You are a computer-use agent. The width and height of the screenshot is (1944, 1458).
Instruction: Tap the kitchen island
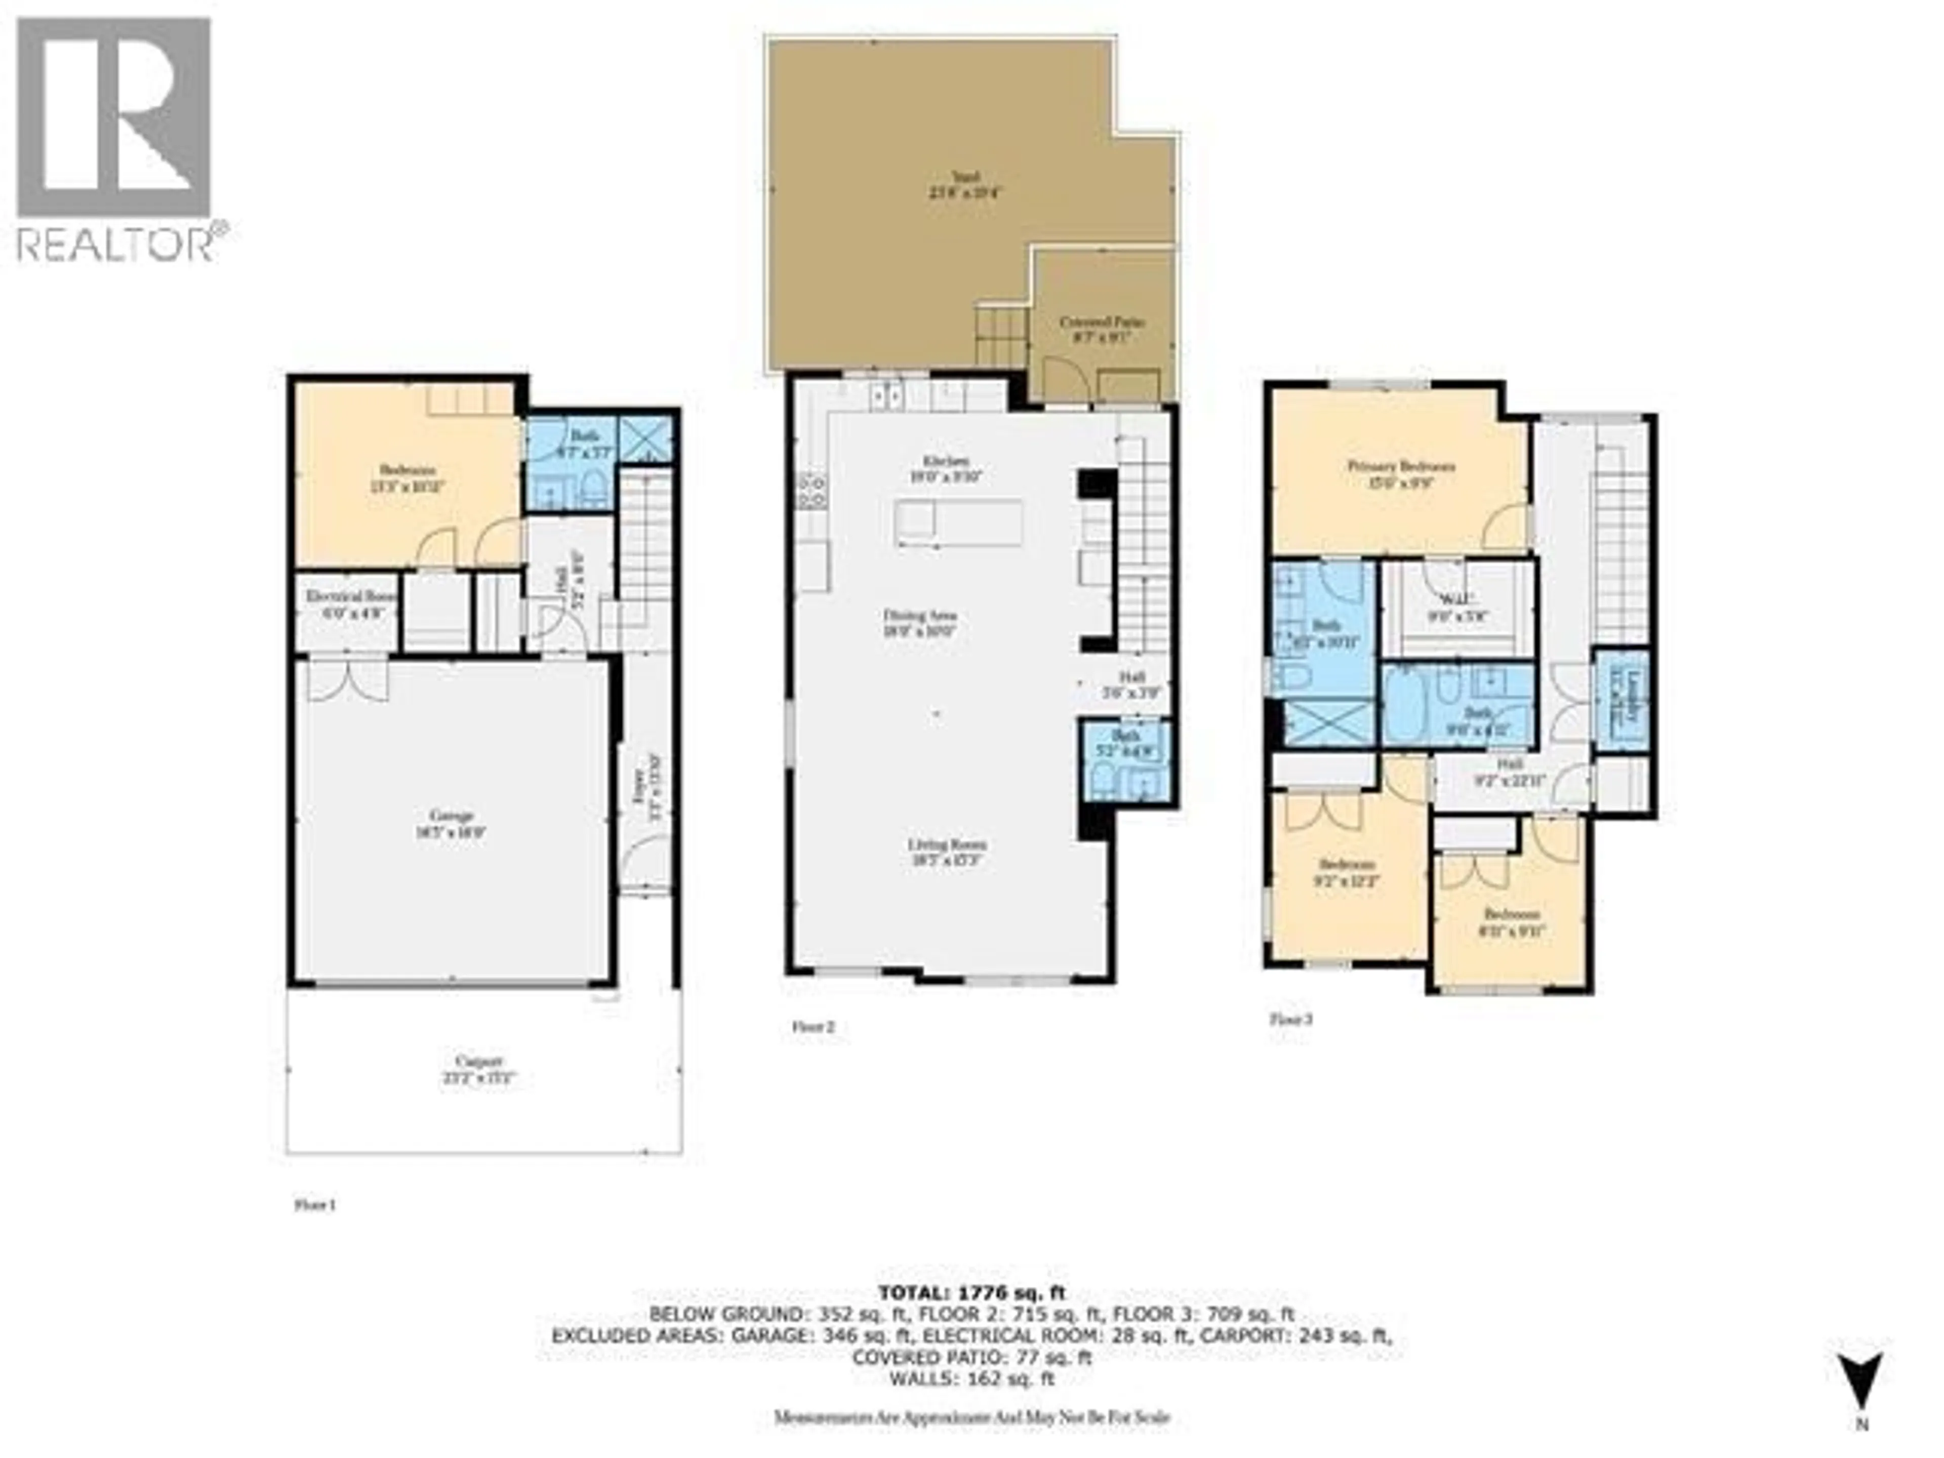pos(958,523)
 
